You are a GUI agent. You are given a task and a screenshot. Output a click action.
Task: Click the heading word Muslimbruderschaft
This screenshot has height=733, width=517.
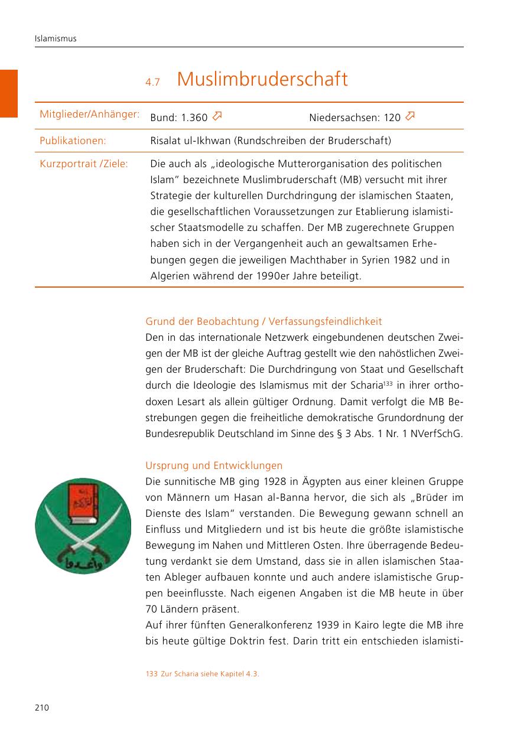point(262,79)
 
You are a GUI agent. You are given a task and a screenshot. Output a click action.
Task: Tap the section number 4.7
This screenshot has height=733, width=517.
point(152,83)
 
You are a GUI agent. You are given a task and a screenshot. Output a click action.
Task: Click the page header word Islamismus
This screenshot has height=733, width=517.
point(56,39)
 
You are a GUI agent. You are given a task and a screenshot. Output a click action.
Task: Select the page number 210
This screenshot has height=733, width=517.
point(41,708)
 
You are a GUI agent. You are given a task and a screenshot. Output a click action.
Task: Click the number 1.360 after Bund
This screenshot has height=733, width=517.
point(194,118)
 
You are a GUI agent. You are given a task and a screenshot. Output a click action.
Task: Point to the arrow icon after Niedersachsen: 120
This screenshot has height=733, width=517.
point(410,116)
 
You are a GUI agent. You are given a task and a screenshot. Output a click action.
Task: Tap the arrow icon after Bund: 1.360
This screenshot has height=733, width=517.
point(217,116)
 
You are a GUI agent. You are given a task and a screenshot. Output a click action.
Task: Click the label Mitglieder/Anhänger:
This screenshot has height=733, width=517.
point(89,113)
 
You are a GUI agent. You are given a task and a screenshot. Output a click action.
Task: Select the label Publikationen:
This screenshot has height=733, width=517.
point(73,141)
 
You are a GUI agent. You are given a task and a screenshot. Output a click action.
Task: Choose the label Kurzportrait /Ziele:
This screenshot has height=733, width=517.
point(83,164)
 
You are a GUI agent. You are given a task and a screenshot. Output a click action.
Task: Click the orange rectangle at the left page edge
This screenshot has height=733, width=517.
point(9,93)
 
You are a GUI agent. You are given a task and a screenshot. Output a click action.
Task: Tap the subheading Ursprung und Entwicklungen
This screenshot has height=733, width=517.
point(214,465)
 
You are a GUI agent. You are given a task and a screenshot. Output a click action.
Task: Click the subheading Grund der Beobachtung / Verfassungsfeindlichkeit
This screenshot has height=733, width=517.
point(264,321)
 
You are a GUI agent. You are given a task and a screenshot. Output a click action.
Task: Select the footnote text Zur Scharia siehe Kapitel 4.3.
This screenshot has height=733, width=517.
point(210,673)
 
